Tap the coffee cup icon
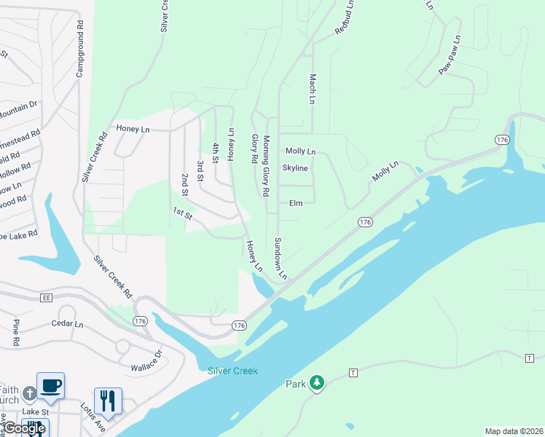(50, 385)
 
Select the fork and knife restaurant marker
(108, 401)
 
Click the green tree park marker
(316, 383)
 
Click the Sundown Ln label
(281, 259)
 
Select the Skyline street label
(295, 168)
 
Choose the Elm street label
(296, 203)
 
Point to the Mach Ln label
(312, 88)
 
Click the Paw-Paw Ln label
(450, 55)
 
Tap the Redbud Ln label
(345, 17)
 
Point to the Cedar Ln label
(68, 323)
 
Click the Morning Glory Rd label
(266, 166)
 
